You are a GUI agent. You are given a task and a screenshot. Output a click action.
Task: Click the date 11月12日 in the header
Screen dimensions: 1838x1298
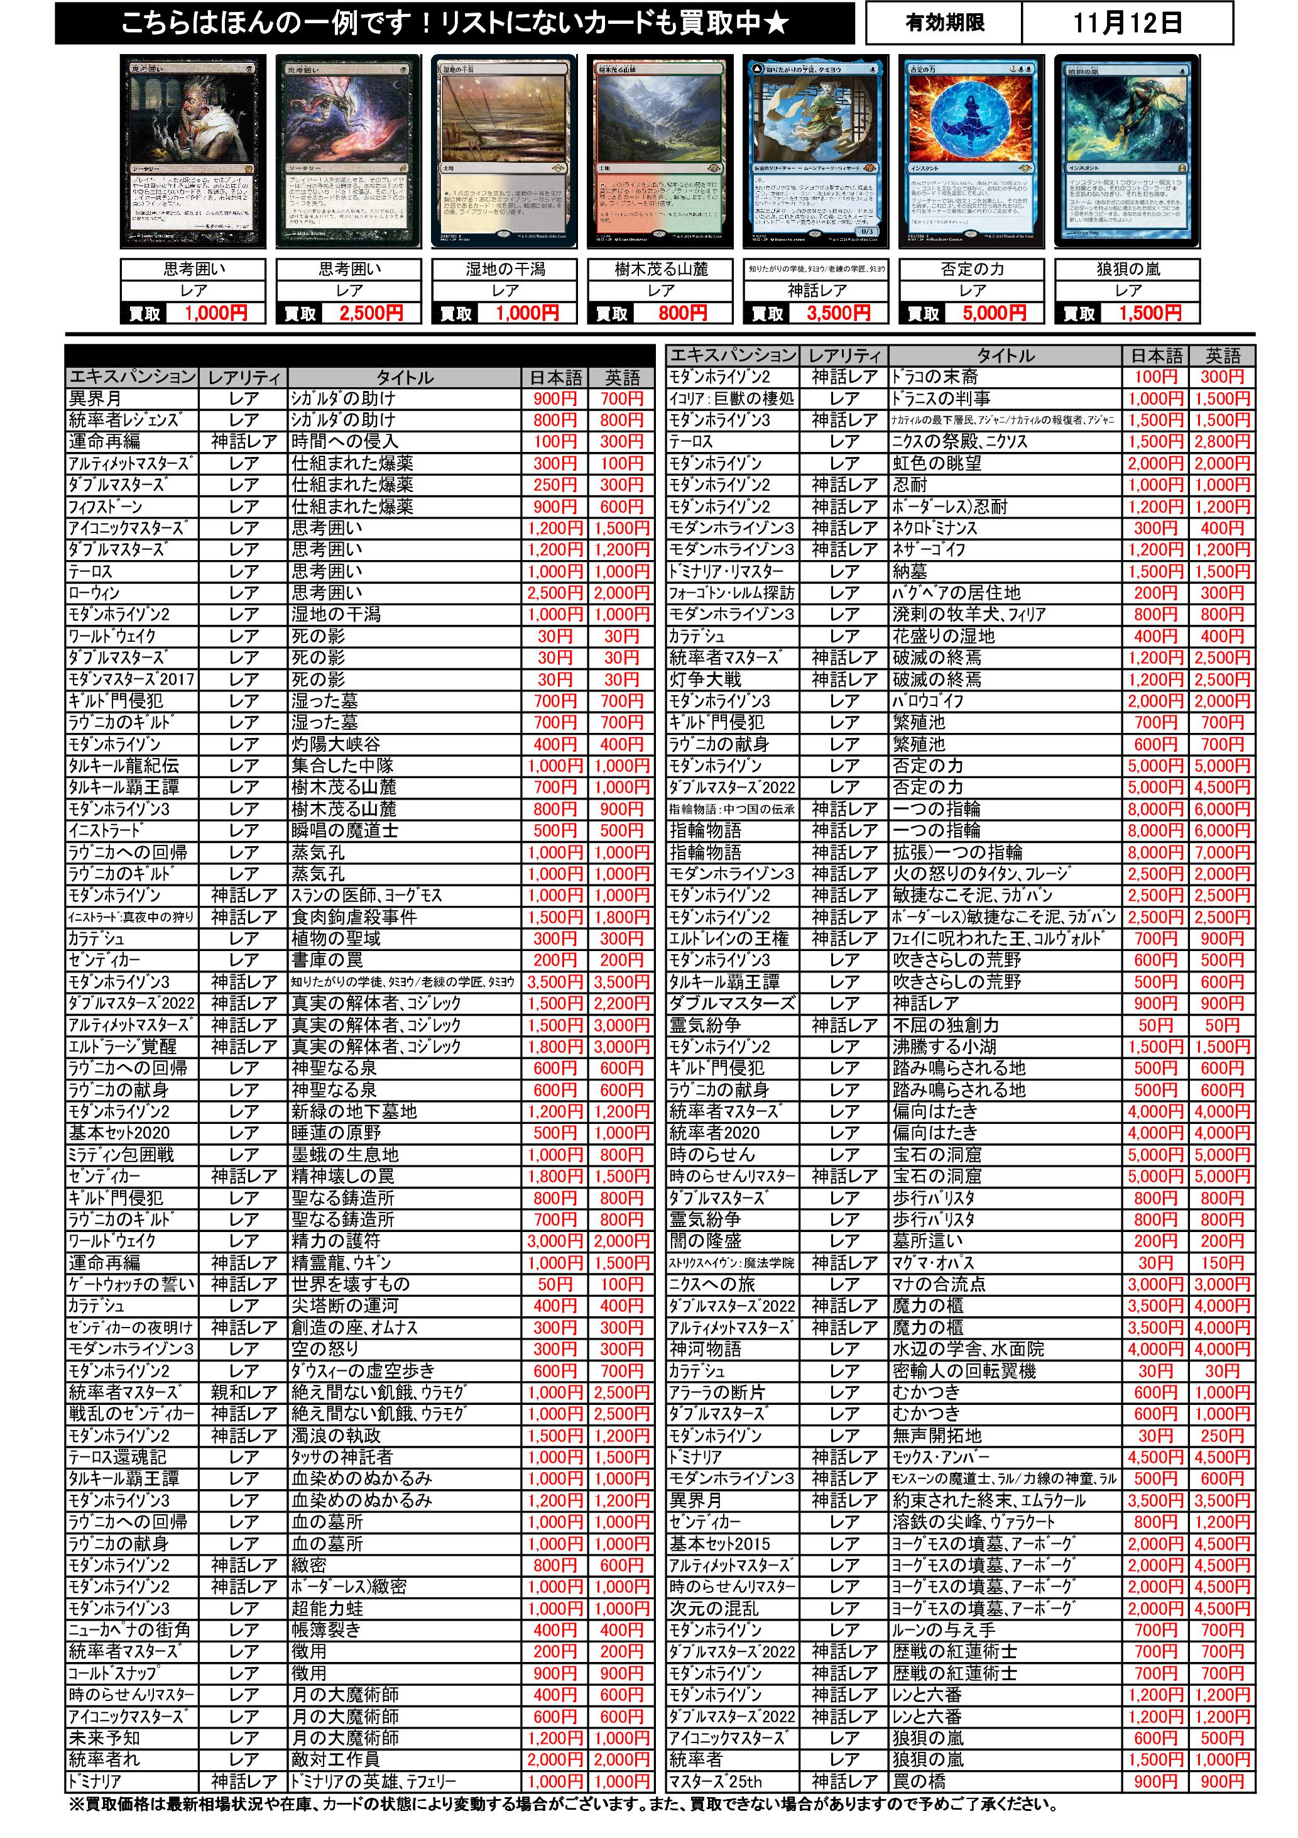click(x=1126, y=23)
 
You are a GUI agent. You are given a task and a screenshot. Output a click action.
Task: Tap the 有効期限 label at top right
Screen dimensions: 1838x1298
click(x=944, y=23)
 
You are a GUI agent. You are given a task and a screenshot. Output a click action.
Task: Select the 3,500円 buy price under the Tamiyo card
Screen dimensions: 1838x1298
click(x=838, y=314)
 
